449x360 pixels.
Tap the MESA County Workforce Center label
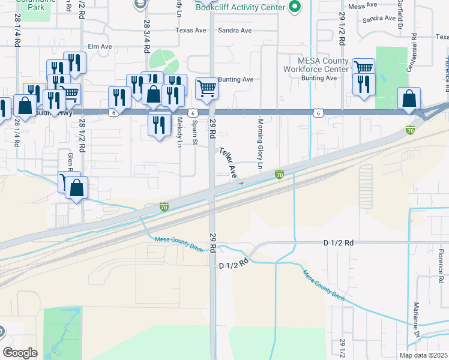tap(324, 65)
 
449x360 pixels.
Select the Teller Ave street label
tap(229, 163)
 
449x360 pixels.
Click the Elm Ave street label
tap(100, 46)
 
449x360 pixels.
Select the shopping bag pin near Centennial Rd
tap(409, 99)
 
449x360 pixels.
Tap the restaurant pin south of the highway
tap(159, 125)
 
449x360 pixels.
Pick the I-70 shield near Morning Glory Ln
tap(279, 175)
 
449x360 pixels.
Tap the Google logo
tap(20, 353)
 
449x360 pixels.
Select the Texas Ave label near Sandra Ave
tap(187, 29)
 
